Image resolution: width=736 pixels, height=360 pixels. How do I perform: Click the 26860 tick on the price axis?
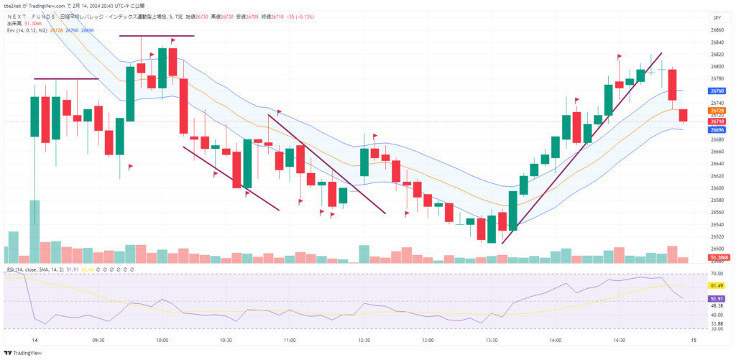point(717,30)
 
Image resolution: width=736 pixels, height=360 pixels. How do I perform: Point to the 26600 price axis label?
point(717,188)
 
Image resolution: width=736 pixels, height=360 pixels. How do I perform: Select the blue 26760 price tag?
point(717,91)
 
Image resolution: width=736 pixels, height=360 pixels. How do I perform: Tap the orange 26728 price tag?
point(717,110)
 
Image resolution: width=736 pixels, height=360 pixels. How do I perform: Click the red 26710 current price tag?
point(717,121)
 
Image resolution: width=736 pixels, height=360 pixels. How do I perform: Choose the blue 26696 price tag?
point(717,130)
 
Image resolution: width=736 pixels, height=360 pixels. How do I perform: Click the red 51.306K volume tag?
point(719,257)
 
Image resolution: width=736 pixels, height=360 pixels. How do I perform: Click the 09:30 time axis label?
point(99,339)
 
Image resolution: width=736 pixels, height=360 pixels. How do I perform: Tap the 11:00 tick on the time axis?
point(290,339)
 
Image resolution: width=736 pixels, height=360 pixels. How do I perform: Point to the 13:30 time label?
point(492,339)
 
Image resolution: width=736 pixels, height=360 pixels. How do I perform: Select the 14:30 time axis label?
point(619,339)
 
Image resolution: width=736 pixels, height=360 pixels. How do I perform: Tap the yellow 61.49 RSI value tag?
point(717,285)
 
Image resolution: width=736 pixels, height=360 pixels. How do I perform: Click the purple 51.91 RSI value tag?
point(717,298)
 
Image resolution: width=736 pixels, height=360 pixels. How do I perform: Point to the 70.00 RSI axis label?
point(717,274)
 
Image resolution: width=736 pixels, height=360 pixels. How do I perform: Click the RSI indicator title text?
point(32,269)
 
